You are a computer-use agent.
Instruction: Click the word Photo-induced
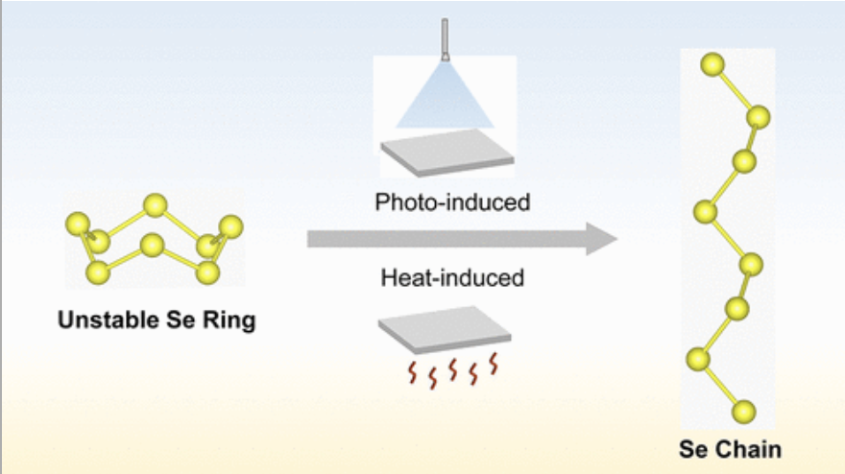coord(452,202)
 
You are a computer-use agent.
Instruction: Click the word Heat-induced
coord(453,278)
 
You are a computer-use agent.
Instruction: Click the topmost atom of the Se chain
coord(712,64)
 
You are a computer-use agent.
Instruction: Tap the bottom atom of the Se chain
coord(743,413)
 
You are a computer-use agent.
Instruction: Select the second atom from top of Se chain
coord(759,117)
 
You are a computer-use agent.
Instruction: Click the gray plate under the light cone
coord(445,151)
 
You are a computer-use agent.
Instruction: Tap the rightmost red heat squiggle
coord(495,364)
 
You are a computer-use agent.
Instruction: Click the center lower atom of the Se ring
coord(152,246)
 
